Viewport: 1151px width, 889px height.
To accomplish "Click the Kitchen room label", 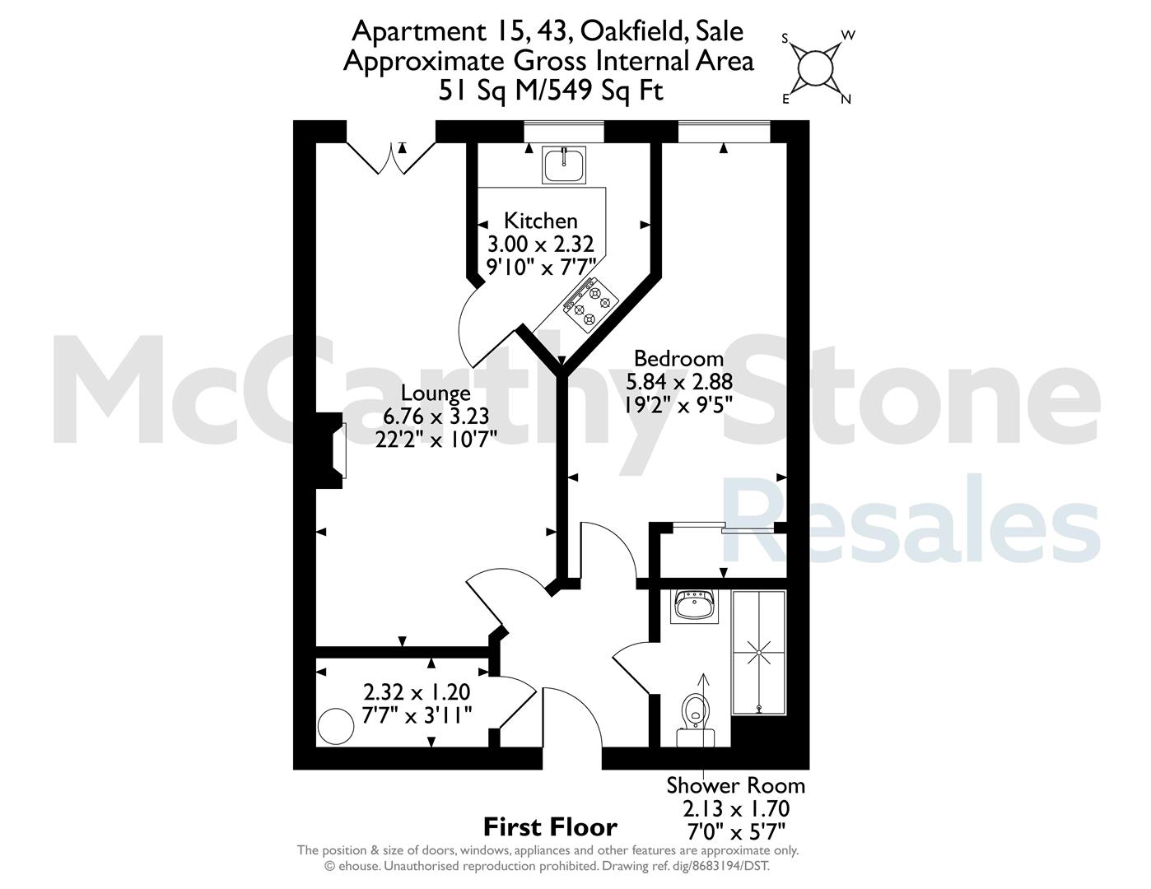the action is (540, 221).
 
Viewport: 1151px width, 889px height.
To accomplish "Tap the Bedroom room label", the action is (678, 359).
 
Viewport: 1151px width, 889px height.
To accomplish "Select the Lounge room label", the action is (436, 393).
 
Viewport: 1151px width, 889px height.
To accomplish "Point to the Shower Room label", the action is (735, 786).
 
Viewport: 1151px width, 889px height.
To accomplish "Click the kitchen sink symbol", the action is (564, 165).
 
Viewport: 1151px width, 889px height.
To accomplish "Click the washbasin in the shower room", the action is (695, 606).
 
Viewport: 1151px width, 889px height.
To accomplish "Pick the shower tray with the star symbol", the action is (758, 653).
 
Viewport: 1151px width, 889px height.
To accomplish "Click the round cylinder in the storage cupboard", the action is (335, 727).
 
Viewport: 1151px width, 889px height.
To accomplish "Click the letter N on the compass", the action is (846, 99).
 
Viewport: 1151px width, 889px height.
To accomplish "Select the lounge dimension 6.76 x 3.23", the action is (436, 417).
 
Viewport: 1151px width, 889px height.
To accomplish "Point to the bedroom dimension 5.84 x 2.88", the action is (679, 382).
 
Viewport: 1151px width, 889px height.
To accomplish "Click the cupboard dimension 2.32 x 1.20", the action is (417, 692).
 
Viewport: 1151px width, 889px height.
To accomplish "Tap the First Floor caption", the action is (550, 827).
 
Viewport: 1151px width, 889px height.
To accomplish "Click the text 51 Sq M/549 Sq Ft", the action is (551, 91).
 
